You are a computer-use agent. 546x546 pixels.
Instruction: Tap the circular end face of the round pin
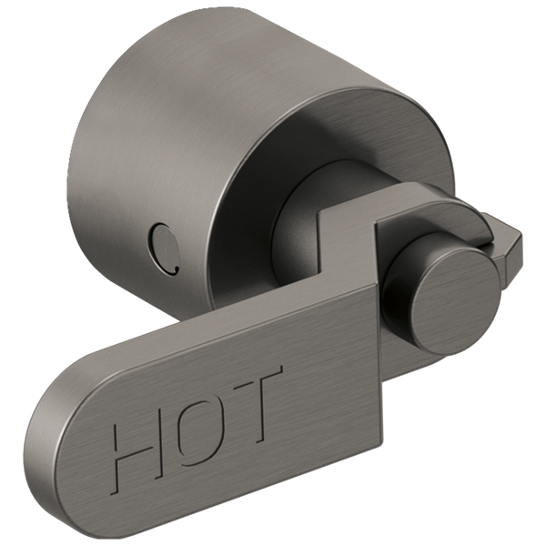[449, 308]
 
